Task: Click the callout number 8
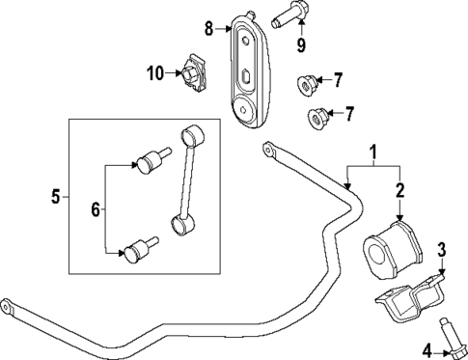point(207,29)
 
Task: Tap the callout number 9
point(301,44)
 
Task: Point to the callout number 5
point(54,199)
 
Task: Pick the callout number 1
point(372,152)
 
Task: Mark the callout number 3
point(443,252)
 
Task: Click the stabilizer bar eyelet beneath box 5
point(9,309)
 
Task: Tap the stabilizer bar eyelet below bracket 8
point(268,149)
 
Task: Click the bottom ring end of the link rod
point(179,225)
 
